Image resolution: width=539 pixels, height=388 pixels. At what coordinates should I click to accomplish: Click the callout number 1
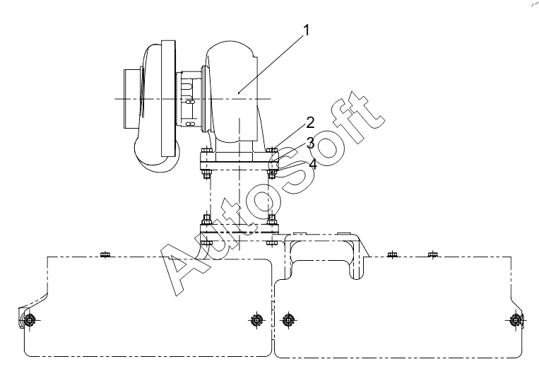click(306, 30)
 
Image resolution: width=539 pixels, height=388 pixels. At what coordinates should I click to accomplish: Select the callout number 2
click(310, 122)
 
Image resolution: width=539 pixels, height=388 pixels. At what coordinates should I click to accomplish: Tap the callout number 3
click(310, 143)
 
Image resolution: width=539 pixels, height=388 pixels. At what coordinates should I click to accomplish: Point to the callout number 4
click(313, 164)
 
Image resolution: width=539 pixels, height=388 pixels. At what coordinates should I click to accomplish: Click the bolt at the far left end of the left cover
click(30, 320)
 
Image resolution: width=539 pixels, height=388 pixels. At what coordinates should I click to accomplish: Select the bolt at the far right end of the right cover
click(515, 320)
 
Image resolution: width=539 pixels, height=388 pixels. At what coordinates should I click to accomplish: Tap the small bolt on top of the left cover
click(105, 254)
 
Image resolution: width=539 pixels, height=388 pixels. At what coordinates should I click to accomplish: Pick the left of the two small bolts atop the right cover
click(392, 254)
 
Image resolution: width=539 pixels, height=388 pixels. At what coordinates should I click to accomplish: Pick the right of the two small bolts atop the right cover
click(433, 254)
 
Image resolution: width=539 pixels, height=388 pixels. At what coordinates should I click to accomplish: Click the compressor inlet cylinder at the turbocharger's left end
click(132, 99)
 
